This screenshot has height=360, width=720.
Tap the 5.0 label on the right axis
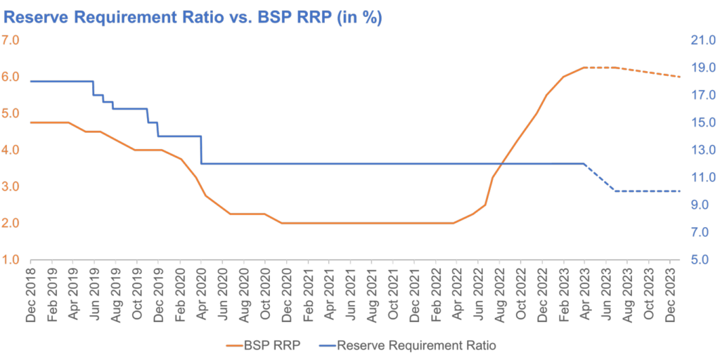point(705,260)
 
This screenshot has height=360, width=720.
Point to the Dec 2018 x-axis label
point(31,294)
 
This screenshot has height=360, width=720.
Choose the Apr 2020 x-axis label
point(202,294)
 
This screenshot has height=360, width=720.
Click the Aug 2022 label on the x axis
point(501,294)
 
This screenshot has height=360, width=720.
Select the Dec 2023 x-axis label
point(671,294)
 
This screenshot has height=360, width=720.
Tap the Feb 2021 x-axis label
point(308,294)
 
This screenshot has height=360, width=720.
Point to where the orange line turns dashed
point(585,67)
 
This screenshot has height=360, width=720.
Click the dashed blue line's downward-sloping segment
point(600,177)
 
